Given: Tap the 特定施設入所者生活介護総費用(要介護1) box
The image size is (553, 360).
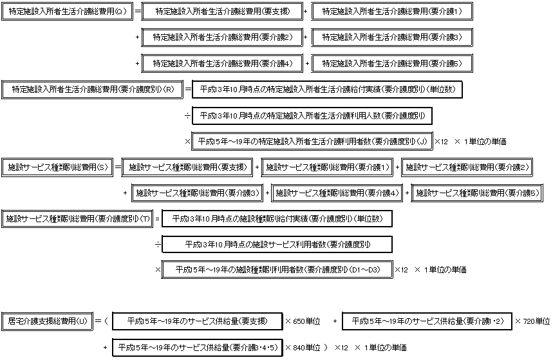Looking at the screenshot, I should (x=392, y=12).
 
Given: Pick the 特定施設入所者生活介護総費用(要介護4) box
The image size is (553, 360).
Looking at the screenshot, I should (x=222, y=63).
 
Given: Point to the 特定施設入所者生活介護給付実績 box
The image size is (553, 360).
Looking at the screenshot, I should (x=327, y=89).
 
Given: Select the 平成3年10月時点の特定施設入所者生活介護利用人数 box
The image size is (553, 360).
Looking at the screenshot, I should (x=312, y=115).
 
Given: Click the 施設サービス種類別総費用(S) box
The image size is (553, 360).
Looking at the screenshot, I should (x=57, y=167).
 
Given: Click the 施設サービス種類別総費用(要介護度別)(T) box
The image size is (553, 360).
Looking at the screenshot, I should (x=77, y=219).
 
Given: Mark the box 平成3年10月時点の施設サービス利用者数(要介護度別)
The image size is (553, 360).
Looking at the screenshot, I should (x=278, y=245).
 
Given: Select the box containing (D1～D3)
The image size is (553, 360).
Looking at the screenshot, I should (x=277, y=270).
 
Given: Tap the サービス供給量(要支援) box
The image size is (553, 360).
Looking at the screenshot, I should (x=197, y=321).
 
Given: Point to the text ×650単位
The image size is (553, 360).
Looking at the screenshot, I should (x=304, y=321).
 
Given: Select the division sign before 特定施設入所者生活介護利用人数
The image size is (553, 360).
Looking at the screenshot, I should (x=187, y=115).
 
